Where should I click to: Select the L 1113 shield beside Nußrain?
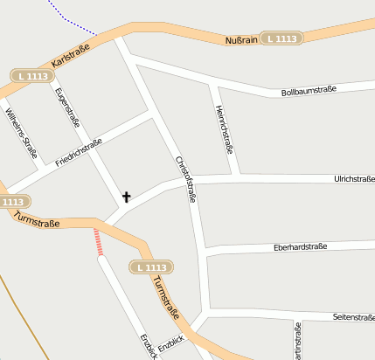(282, 38)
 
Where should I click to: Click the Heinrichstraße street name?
(224, 129)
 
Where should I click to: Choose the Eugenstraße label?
(67, 111)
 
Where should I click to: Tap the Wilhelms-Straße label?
(21, 135)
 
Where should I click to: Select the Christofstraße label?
(186, 179)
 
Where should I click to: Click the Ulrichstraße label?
(354, 179)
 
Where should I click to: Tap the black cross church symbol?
(126, 197)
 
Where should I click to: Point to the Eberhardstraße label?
(300, 247)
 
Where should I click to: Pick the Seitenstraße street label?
(354, 317)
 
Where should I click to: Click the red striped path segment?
(99, 242)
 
